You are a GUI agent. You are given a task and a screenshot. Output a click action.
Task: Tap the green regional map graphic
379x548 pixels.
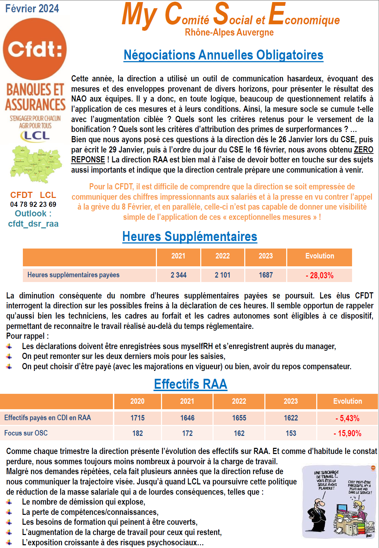point(36,164)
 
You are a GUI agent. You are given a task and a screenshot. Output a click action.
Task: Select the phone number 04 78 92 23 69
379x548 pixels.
point(33,204)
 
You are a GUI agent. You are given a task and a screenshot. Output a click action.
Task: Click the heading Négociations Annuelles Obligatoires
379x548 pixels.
point(223,55)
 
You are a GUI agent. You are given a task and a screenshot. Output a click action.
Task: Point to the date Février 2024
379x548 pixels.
point(32,8)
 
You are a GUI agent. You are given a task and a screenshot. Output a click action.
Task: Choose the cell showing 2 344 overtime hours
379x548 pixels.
point(178,275)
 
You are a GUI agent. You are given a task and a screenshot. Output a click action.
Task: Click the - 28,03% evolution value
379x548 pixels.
point(320,276)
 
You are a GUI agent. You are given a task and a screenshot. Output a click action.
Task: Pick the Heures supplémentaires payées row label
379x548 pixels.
point(73,275)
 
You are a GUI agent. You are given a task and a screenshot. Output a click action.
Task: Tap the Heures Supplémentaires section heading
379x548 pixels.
point(190,237)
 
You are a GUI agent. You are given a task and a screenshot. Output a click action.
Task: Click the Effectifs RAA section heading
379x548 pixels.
point(190,384)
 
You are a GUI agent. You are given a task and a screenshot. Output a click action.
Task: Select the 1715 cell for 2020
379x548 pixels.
point(137,418)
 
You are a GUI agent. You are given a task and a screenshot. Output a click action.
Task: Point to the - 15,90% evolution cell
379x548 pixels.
point(347,433)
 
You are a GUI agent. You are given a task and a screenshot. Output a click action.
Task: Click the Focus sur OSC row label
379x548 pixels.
point(26,433)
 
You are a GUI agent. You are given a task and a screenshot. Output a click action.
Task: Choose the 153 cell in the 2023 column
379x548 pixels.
point(291,433)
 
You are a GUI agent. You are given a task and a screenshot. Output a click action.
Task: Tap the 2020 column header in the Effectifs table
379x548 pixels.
point(137,401)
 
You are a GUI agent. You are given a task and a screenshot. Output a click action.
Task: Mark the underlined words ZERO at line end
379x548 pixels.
point(364,150)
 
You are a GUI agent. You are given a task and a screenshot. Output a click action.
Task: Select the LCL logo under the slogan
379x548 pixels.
point(35,136)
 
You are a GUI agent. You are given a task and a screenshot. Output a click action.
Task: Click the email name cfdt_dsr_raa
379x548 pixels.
point(33,224)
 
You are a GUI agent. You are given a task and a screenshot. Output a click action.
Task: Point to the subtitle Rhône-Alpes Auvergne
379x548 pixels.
point(229,32)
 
